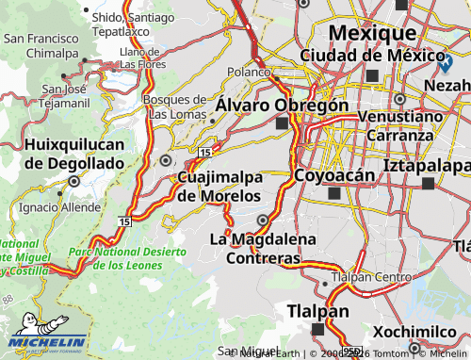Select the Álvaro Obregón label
(x=282, y=105)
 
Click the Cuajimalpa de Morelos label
(x=219, y=187)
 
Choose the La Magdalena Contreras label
(x=263, y=248)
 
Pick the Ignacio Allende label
(x=58, y=206)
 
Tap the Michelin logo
(x=44, y=342)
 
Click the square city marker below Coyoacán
(x=333, y=193)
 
